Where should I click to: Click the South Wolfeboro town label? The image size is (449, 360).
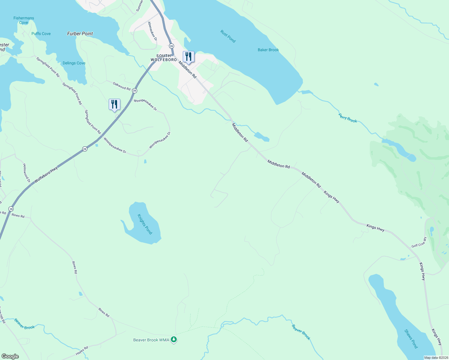coord(164,58)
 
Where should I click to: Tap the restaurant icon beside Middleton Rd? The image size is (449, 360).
coord(188,56)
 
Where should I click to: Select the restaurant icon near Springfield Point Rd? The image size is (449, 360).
coord(114,104)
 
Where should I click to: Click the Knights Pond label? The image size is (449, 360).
coord(145,224)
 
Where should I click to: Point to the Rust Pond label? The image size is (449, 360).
coord(228,36)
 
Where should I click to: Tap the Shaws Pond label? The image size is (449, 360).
coord(411,339)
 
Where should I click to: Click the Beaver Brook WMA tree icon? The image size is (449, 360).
coord(174,340)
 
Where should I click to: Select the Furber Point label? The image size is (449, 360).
coord(80,34)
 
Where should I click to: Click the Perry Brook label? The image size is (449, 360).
coord(348,118)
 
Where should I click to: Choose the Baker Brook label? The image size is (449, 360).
coord(268,50)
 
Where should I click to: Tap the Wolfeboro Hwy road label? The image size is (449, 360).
coord(46,175)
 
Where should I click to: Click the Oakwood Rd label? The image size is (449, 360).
coord(122,86)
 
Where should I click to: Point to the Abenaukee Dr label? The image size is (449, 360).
coord(152,31)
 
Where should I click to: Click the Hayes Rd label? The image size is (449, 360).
coord(82,351)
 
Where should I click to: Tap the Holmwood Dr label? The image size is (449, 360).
coord(27,173)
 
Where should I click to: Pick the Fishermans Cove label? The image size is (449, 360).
coord(24,20)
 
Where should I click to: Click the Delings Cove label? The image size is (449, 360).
coord(74,63)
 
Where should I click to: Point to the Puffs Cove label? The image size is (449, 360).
coord(41,34)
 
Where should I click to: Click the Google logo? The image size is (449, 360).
coord(10,356)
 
